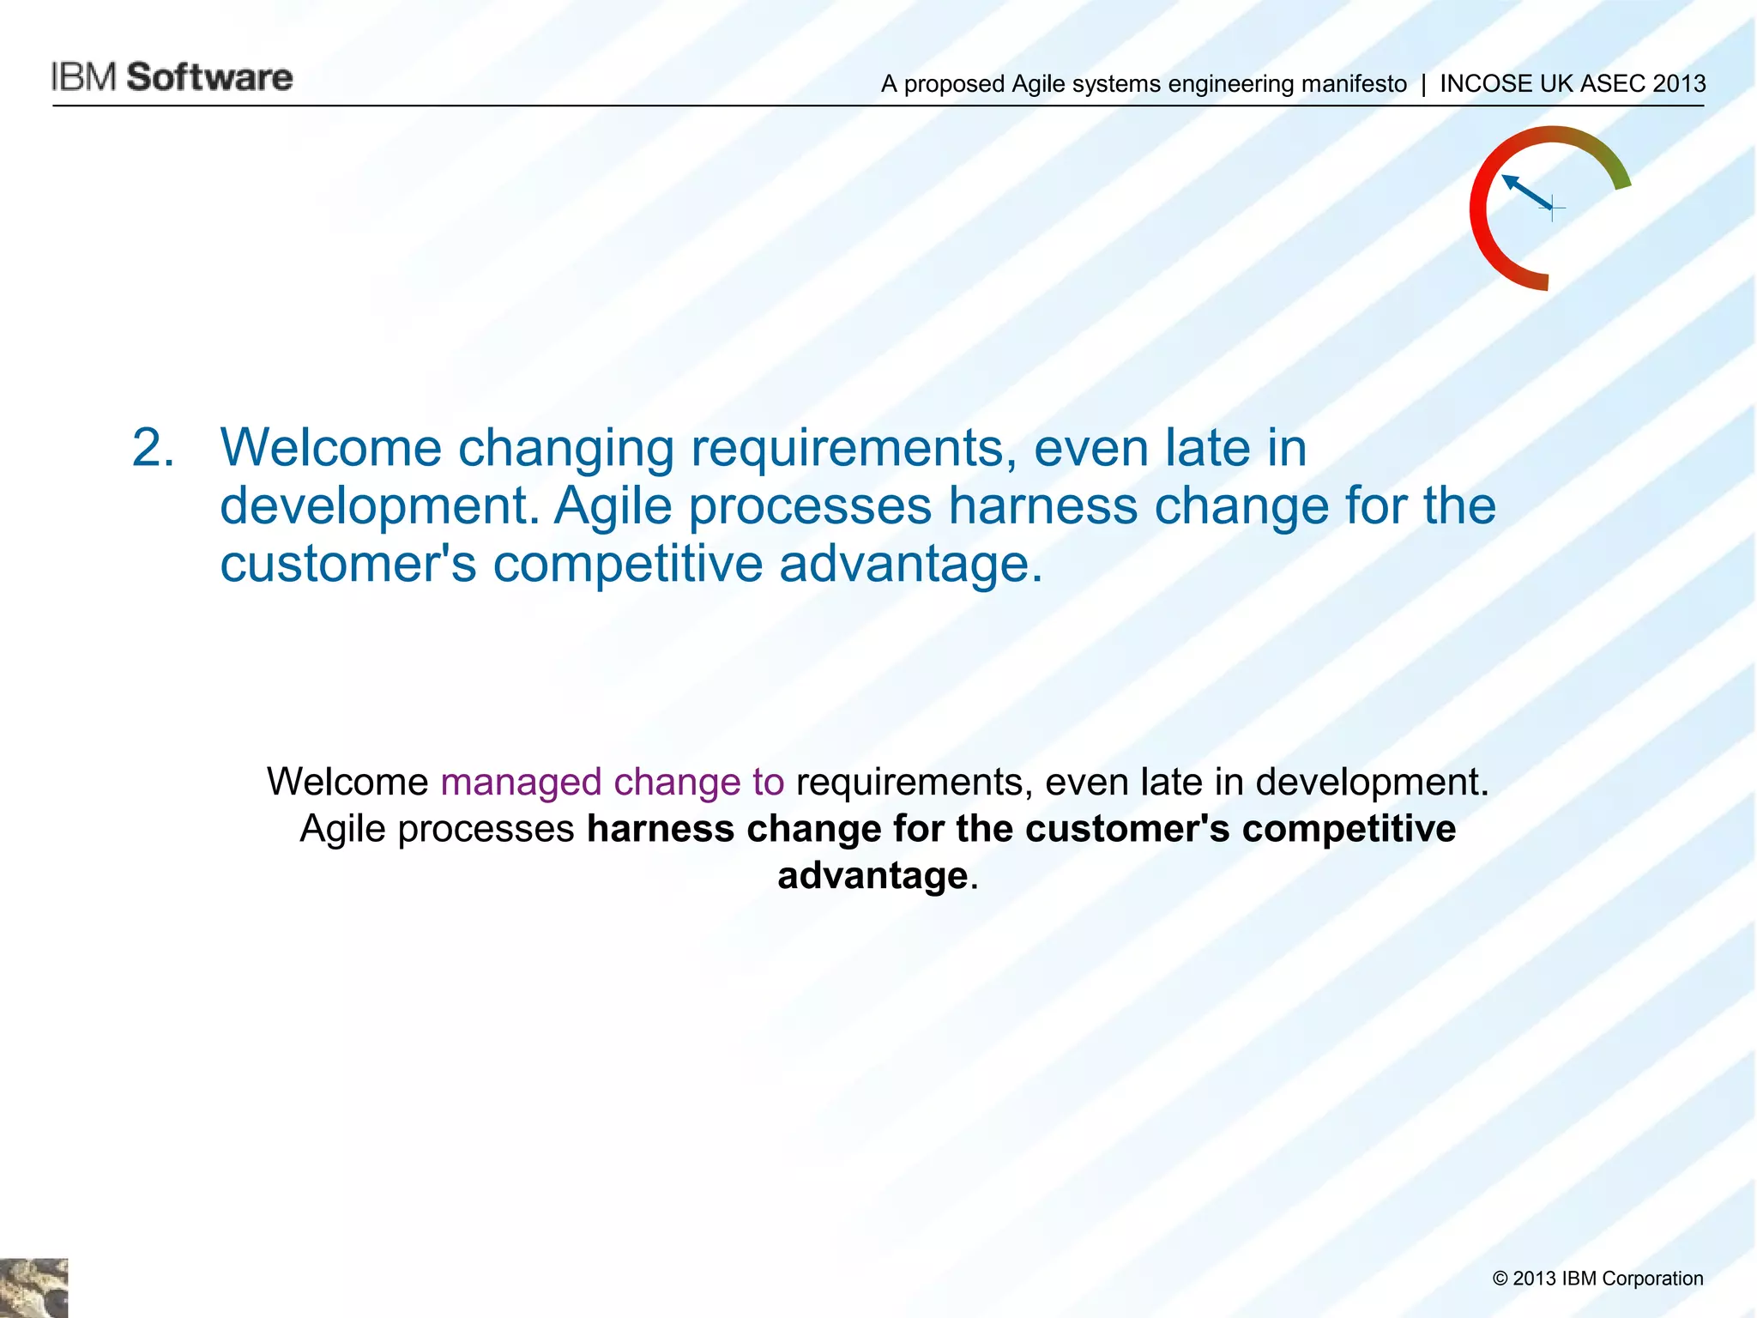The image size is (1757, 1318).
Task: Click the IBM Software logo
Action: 172,77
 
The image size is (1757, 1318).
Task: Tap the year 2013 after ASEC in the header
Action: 1679,84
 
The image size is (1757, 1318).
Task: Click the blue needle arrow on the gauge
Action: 1528,192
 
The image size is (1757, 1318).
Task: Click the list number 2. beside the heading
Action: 154,449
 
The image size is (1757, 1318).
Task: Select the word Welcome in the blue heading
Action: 330,449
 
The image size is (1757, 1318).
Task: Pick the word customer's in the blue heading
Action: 347,564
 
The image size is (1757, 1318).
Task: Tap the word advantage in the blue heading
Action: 909,564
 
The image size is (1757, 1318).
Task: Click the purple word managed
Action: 521,782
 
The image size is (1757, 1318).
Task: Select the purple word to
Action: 768,782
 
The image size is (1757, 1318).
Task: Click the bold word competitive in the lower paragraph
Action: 1349,829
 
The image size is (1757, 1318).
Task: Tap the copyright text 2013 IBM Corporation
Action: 1597,1279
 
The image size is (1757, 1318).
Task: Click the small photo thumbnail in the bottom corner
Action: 33,1287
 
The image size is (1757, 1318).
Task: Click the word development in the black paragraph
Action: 1372,782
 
